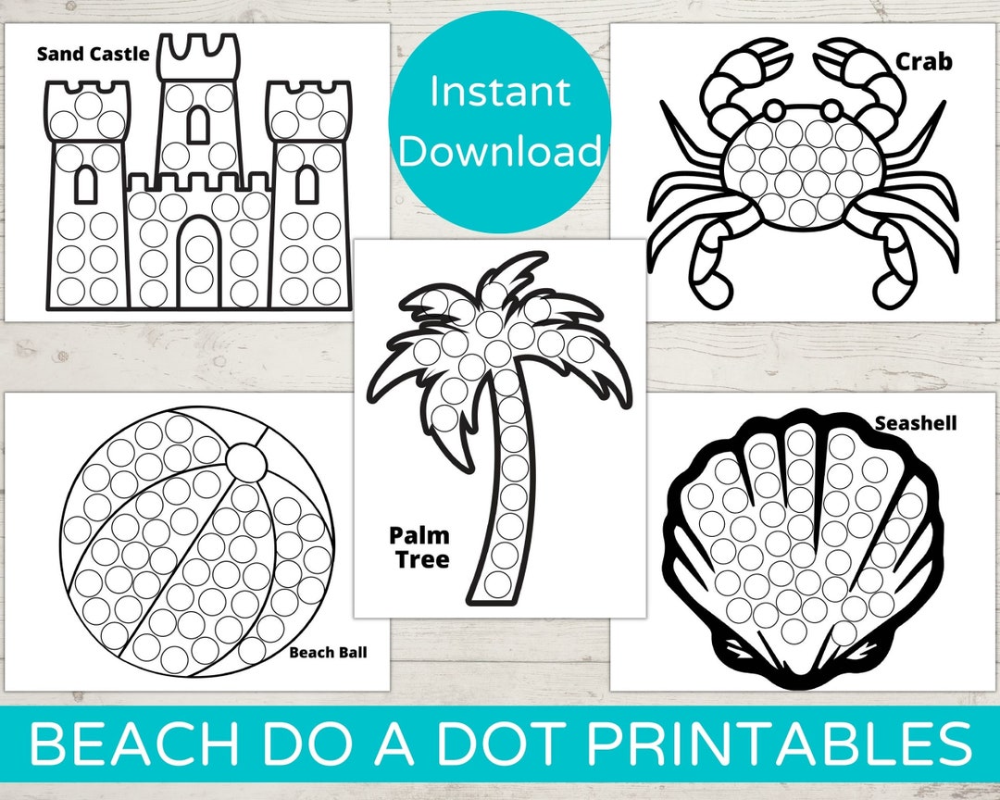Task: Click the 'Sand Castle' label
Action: click(x=93, y=54)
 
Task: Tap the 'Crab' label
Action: click(x=923, y=61)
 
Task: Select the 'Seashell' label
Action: click(x=915, y=423)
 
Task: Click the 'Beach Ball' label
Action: click(x=328, y=652)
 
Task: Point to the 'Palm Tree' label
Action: click(x=419, y=546)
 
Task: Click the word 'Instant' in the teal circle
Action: click(x=500, y=93)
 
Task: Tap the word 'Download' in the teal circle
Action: click(x=500, y=151)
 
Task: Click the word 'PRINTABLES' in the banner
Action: click(x=780, y=744)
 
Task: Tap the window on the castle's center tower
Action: click(x=198, y=123)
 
